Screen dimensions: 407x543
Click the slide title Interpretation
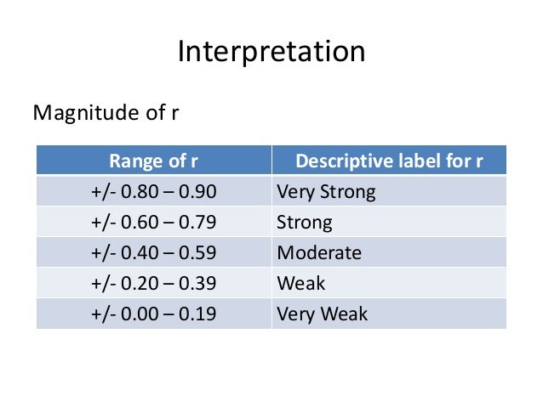pos(271,52)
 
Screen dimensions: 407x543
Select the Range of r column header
pos(154,161)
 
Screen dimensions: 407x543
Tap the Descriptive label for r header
pos(389,161)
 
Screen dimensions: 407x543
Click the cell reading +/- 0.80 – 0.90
pos(154,192)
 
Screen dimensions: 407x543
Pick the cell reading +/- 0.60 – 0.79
pos(154,223)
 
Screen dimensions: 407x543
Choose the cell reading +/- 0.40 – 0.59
pos(154,253)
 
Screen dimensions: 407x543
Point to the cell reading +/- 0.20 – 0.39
pos(154,284)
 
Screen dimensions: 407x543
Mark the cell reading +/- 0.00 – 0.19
pos(154,314)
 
